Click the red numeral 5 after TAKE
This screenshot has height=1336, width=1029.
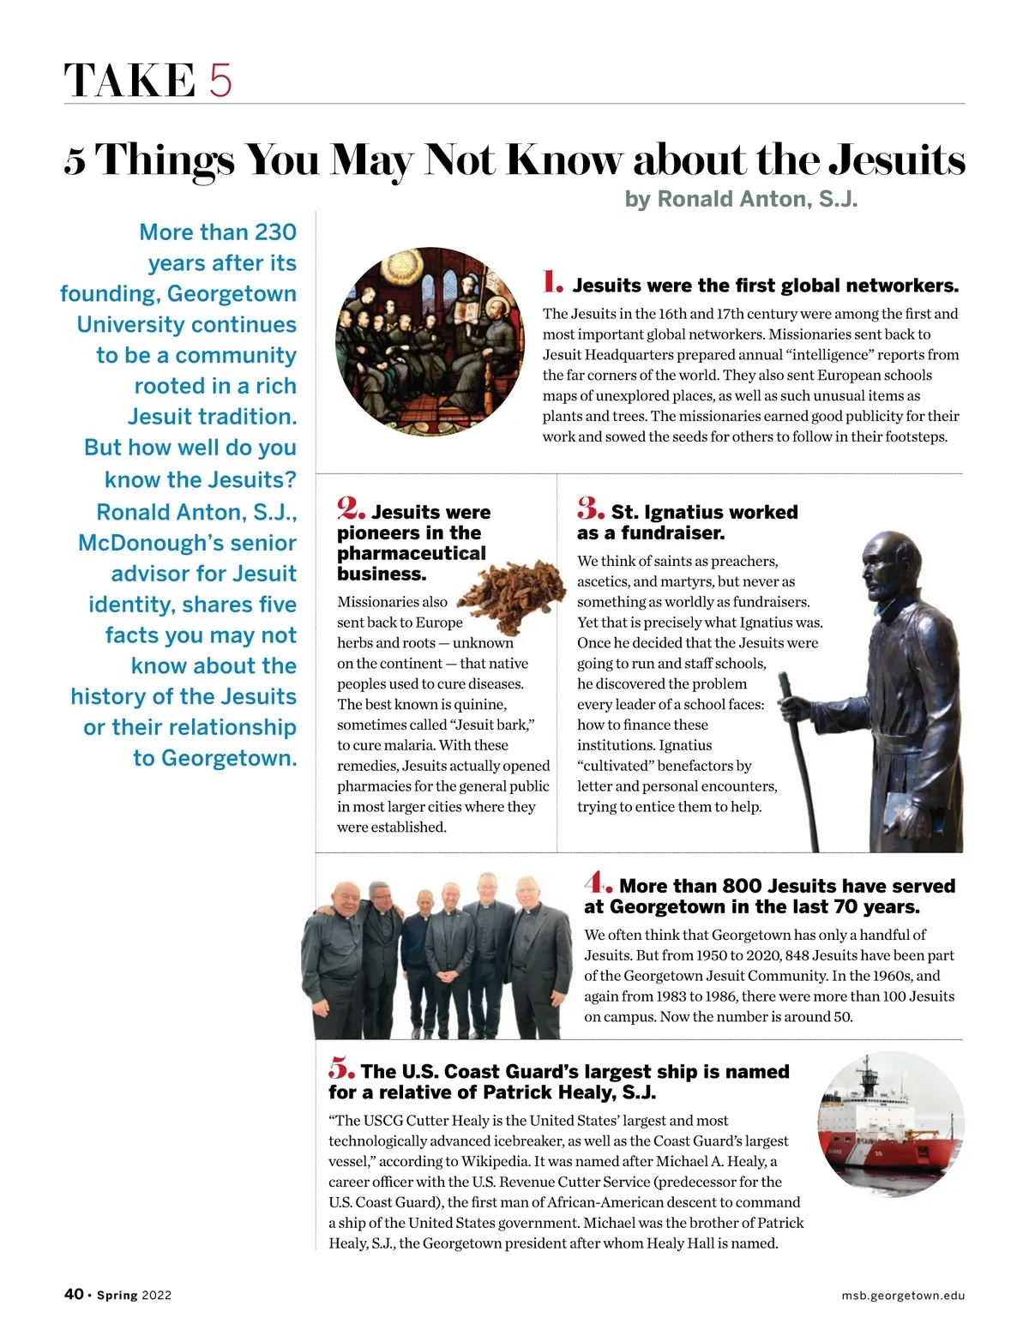pos(220,81)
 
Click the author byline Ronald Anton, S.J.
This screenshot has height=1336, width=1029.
pos(741,199)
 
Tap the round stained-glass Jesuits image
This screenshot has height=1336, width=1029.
pos(430,341)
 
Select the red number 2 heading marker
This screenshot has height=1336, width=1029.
pos(352,509)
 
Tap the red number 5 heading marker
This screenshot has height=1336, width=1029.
pos(341,1068)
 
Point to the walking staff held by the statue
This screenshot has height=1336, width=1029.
pos(797,755)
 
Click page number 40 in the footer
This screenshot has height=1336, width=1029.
pos(74,1294)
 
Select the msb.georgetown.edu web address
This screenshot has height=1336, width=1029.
pos(903,1296)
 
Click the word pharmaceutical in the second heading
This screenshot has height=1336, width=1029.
pos(412,553)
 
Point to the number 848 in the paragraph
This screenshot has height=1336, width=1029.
pos(797,955)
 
